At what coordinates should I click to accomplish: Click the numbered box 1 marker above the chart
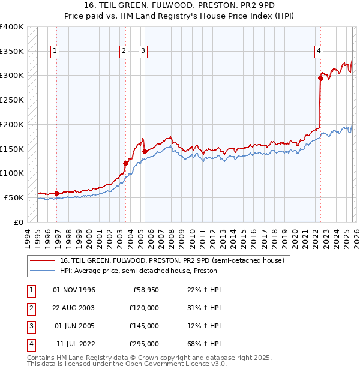pyautogui.click(x=55, y=52)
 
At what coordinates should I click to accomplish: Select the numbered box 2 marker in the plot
pyautogui.click(x=124, y=52)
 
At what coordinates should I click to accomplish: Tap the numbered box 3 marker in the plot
pyautogui.click(x=143, y=52)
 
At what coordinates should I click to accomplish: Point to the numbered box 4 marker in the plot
pyautogui.click(x=319, y=52)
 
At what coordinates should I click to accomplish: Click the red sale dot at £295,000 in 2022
pyautogui.click(x=321, y=77)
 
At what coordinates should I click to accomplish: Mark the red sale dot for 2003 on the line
pyautogui.click(x=125, y=163)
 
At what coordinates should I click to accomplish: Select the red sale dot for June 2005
pyautogui.click(x=145, y=151)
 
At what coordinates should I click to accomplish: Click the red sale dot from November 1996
pyautogui.click(x=57, y=193)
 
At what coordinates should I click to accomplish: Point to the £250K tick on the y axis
pyautogui.click(x=12, y=100)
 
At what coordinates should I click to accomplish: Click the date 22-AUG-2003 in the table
pyautogui.click(x=74, y=308)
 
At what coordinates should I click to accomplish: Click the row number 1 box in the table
pyautogui.click(x=30, y=290)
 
